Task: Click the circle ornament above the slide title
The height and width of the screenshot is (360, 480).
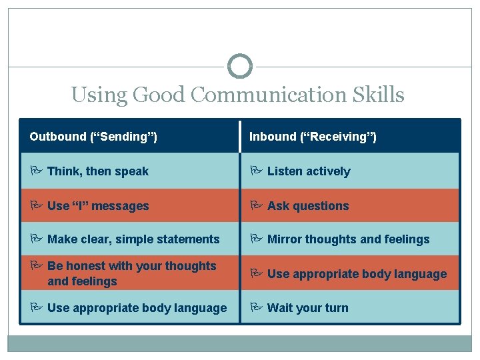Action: click(240, 66)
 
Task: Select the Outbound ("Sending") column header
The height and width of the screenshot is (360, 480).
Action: click(93, 137)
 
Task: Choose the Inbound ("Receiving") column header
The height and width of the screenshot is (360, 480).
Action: click(313, 137)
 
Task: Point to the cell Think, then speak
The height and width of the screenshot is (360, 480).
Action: click(98, 171)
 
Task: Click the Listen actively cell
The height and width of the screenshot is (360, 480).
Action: click(308, 171)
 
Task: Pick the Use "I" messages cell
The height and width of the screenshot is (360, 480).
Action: click(98, 206)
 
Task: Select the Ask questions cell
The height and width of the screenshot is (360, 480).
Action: click(307, 206)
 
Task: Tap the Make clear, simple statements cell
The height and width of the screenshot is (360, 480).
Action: click(133, 239)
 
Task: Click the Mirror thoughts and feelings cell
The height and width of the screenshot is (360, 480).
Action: click(348, 239)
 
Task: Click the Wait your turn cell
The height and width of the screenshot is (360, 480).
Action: click(307, 308)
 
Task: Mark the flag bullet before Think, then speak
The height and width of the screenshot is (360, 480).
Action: click(35, 171)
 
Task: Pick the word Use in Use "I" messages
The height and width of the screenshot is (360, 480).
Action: click(57, 206)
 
